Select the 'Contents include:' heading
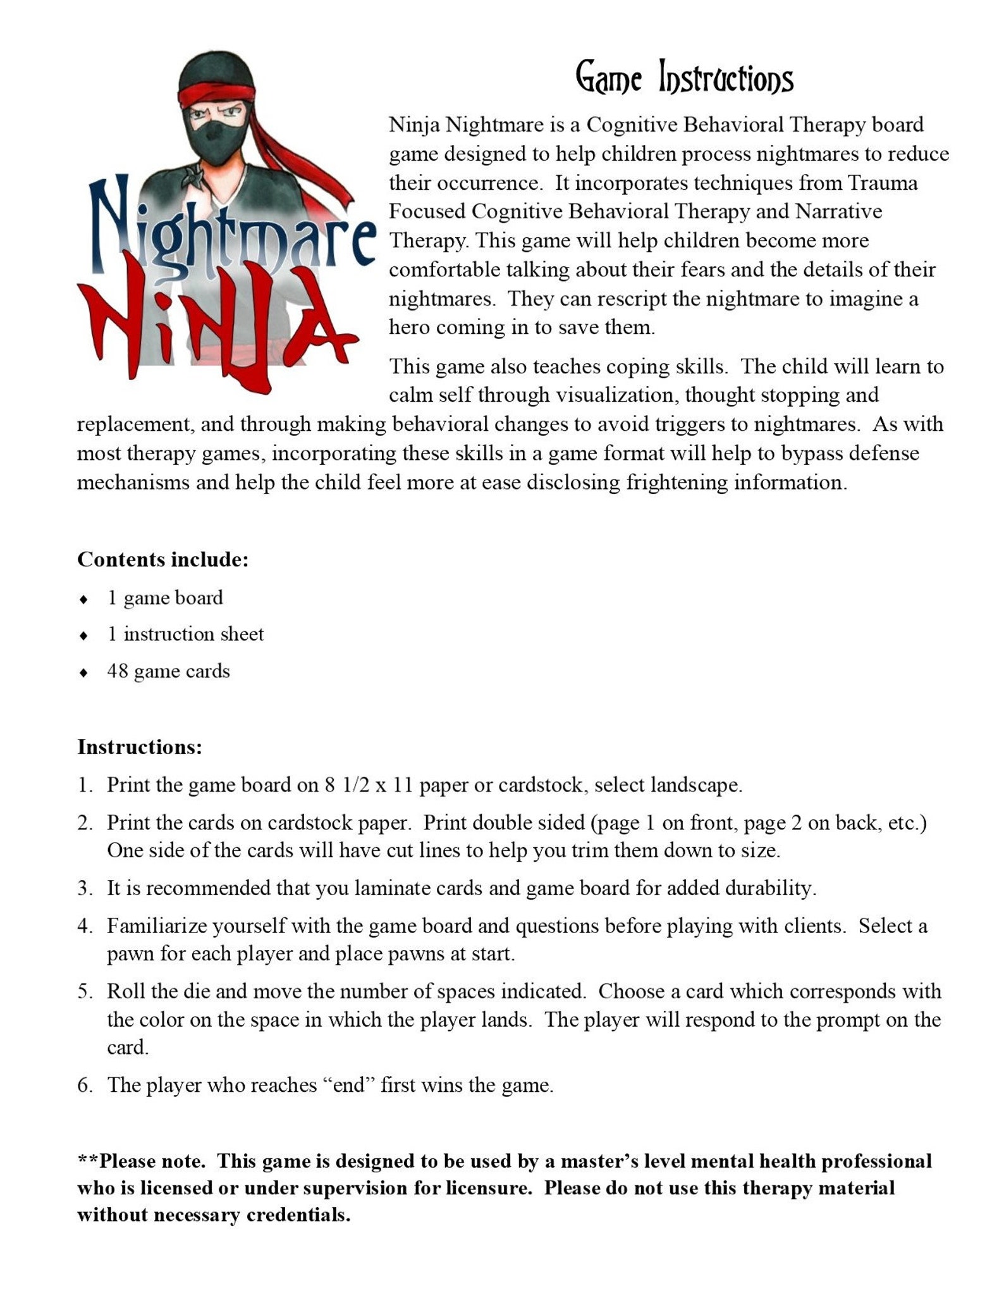click(x=162, y=560)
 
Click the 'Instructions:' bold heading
click(x=140, y=747)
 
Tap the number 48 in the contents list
click(x=118, y=671)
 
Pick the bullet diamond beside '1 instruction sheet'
click(x=83, y=636)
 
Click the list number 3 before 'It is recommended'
click(x=84, y=888)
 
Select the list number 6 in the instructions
click(x=84, y=1086)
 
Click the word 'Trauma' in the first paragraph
click(x=883, y=183)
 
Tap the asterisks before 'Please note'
click(x=88, y=1160)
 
